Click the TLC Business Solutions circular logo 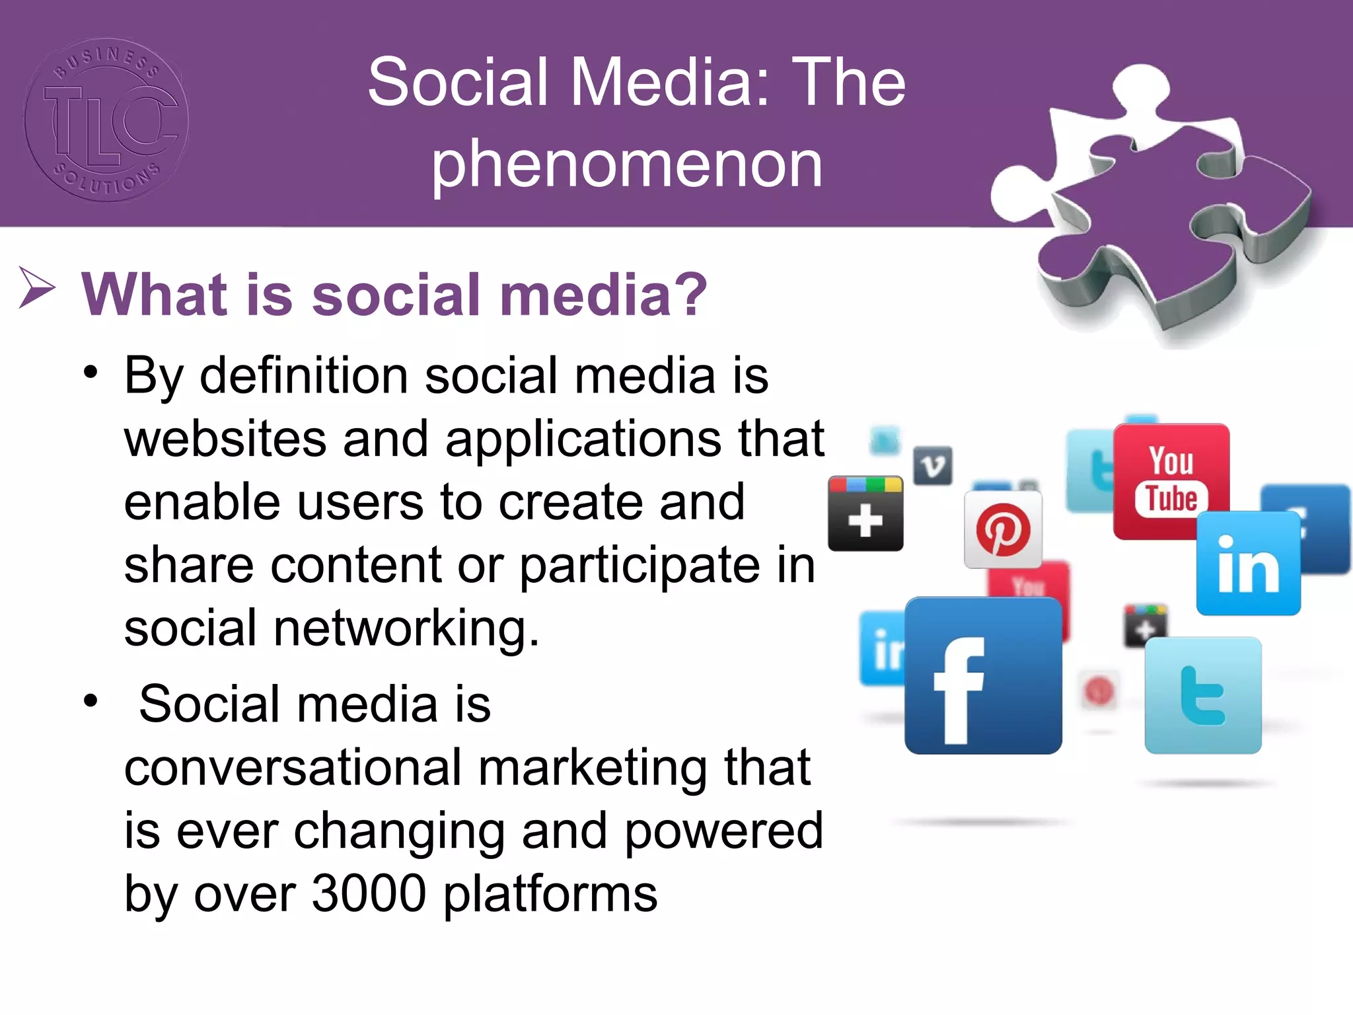point(106,120)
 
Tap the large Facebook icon point(983,675)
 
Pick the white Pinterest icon point(1003,529)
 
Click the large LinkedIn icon point(1248,564)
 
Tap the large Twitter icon point(1203,695)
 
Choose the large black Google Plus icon point(865,513)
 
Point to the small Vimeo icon point(932,466)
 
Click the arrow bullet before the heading point(36,288)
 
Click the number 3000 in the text point(369,893)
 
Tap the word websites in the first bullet point(225,439)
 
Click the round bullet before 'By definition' point(91,373)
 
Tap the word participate point(639,566)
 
